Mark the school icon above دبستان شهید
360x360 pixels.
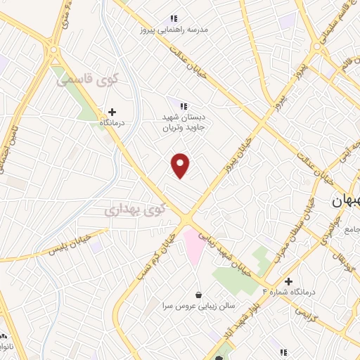click(184, 105)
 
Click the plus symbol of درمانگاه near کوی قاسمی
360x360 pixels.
click(112, 111)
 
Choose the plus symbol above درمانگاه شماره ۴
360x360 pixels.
click(288, 281)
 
